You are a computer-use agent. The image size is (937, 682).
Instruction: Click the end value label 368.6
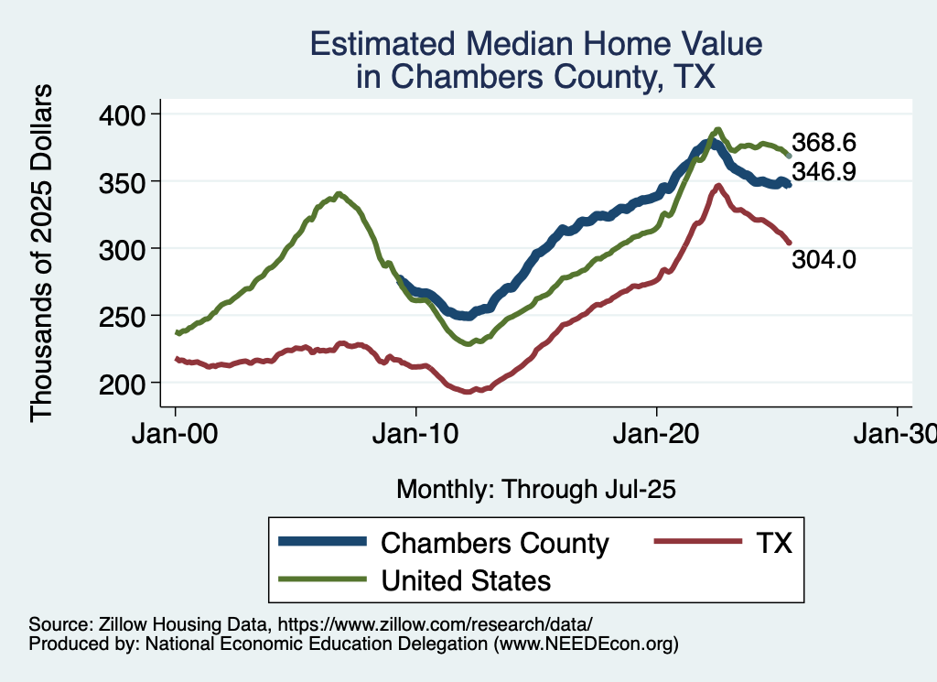click(x=824, y=144)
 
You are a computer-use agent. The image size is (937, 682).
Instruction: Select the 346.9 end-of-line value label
click(x=824, y=171)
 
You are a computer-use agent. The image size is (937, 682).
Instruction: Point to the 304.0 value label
click(x=824, y=260)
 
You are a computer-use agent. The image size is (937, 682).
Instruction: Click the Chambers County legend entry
click(x=494, y=543)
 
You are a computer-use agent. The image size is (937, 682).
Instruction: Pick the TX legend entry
click(x=773, y=543)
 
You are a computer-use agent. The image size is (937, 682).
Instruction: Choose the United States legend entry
click(x=466, y=579)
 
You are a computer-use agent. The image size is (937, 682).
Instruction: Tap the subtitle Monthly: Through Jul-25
click(x=536, y=490)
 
